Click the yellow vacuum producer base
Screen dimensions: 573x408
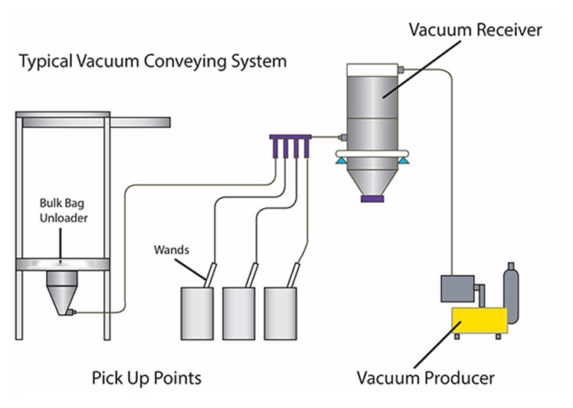480,320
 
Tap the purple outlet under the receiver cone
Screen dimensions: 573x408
372,199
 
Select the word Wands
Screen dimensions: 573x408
172,250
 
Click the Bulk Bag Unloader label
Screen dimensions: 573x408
64,211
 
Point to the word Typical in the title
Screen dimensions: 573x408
46,62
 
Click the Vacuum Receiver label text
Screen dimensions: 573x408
476,30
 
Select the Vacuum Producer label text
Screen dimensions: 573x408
426,378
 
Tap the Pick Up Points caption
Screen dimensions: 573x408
146,378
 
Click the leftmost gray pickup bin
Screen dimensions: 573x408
198,313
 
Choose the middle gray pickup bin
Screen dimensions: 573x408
239,313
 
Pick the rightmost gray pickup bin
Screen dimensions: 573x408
280,313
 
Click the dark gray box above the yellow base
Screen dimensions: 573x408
457,288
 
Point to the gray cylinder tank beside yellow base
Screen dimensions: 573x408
511,293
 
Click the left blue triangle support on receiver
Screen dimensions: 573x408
341,160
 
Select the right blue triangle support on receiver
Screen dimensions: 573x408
404,160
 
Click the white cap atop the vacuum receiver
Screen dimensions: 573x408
372,70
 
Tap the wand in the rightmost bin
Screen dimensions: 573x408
293,275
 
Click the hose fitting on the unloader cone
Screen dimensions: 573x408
70,312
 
